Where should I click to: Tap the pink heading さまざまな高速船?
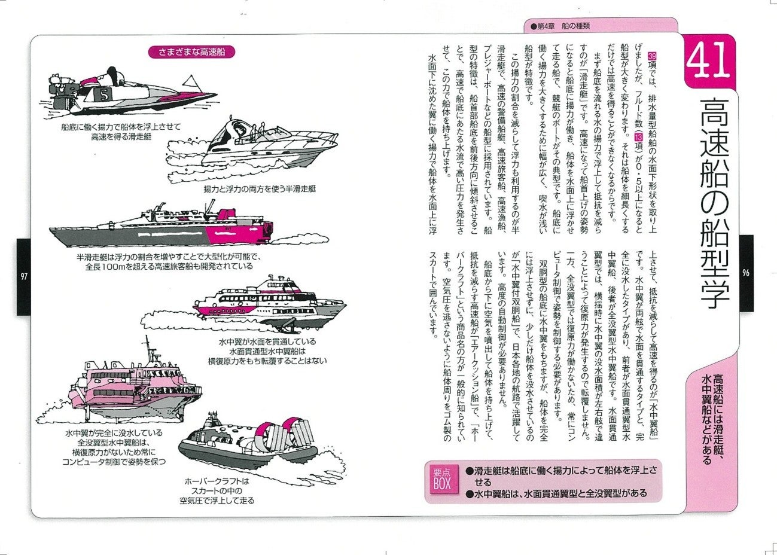pos(191,52)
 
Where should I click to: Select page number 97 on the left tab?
pos(23,276)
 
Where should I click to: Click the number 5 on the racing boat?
pos(104,94)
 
